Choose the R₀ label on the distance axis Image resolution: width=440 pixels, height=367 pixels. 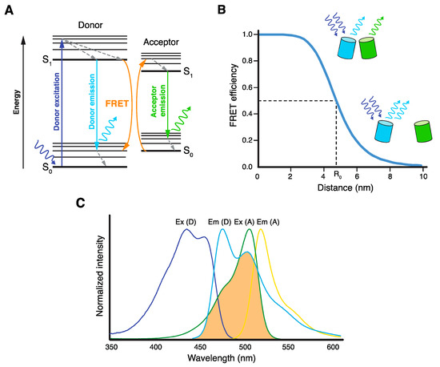coord(336,175)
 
